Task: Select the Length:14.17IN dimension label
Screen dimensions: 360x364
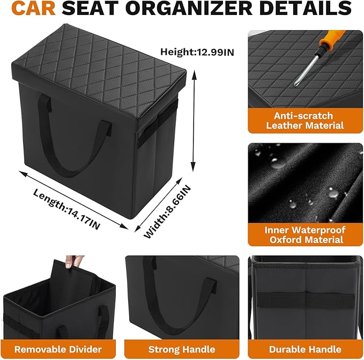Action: pos(66,209)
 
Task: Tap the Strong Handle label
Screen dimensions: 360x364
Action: pos(182,349)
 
